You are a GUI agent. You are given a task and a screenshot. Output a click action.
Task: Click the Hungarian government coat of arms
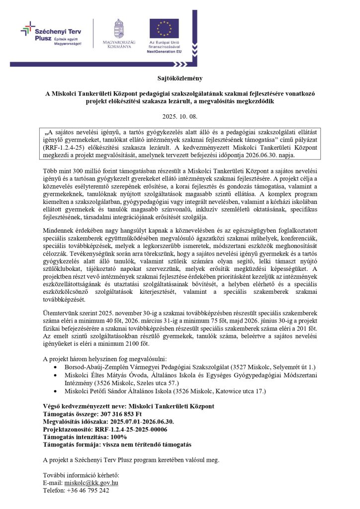point(119,28)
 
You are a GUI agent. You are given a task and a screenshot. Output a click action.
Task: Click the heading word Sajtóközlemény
point(180,79)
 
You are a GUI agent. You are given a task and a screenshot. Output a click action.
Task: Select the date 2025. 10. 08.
point(180,117)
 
